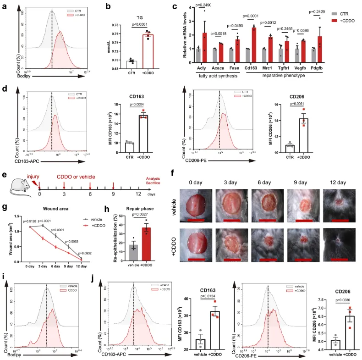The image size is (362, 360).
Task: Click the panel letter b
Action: point(108,6)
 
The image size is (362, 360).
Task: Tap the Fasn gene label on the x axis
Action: point(232,69)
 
